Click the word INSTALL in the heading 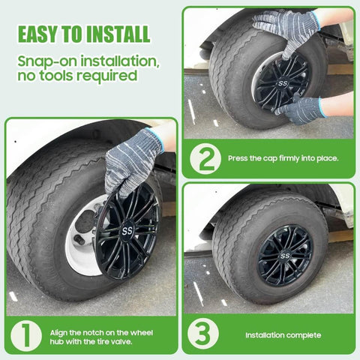(x=118, y=34)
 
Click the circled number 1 (x=26, y=335)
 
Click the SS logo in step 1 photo (x=125, y=230)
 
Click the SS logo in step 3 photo (x=285, y=255)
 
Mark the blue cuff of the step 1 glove (x=155, y=137)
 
